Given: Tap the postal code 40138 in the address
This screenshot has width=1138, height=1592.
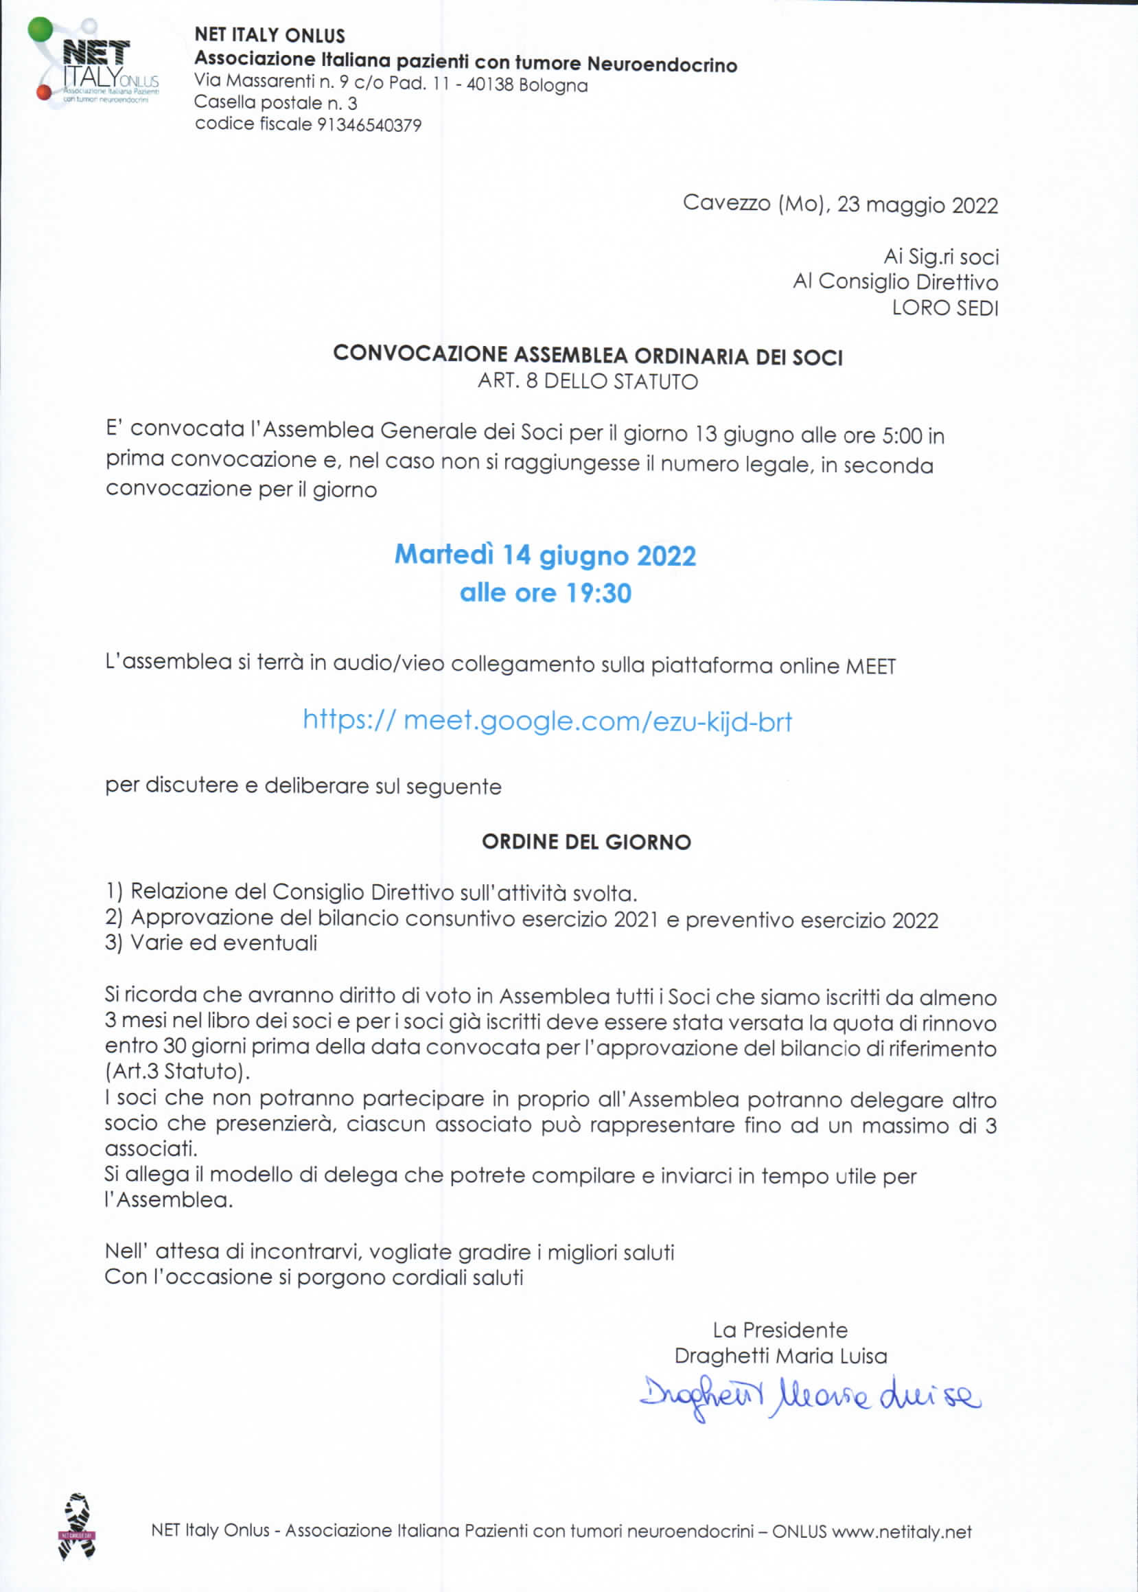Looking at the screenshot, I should pos(490,85).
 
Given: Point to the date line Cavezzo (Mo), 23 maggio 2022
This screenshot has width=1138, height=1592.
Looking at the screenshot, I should pos(839,204).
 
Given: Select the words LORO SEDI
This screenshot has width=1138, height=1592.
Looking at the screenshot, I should pos(944,308).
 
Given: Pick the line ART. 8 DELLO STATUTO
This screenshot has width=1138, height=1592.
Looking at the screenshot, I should pos(588,382).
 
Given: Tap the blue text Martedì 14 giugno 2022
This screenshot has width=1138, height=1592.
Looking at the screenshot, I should pos(545,555).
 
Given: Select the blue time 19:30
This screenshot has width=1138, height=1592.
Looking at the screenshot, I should pos(599,593).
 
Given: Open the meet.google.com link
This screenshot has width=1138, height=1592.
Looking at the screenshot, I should pos(547,721).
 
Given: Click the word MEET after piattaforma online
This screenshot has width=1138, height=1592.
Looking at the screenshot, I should pos(870,666).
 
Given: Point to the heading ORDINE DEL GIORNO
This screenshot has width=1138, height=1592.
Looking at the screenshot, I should pos(587,842).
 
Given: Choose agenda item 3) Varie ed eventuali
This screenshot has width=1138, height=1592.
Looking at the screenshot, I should pos(211,943).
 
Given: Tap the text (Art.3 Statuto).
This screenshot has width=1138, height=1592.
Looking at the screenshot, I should pos(177,1072).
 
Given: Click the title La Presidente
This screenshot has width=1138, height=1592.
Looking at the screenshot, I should pos(780,1330).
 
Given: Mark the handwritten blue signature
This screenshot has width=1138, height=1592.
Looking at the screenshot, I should pos(809,1396).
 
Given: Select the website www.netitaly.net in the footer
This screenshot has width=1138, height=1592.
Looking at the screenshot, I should pos(901,1532).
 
